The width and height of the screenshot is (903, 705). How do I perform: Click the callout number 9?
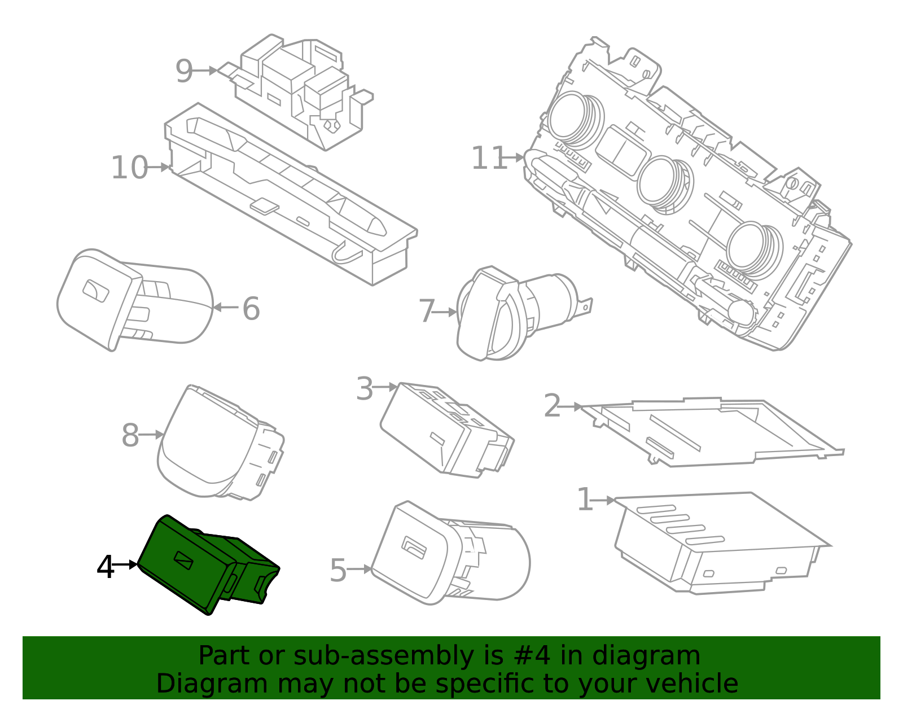point(184,71)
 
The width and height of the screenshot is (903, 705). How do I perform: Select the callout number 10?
point(129,168)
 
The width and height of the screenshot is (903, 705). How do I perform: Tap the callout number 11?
point(489,158)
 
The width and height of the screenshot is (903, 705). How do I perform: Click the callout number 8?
point(130,435)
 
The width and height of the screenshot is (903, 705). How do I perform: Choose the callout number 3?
point(365,388)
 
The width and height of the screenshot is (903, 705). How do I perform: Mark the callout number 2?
point(552,406)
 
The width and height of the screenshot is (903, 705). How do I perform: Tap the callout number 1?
point(585,500)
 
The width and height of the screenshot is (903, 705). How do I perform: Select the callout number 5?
point(338,570)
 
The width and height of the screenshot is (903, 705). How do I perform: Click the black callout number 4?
point(105,567)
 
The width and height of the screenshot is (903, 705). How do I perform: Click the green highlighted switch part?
point(209,564)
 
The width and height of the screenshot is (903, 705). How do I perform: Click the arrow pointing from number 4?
point(125,564)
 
